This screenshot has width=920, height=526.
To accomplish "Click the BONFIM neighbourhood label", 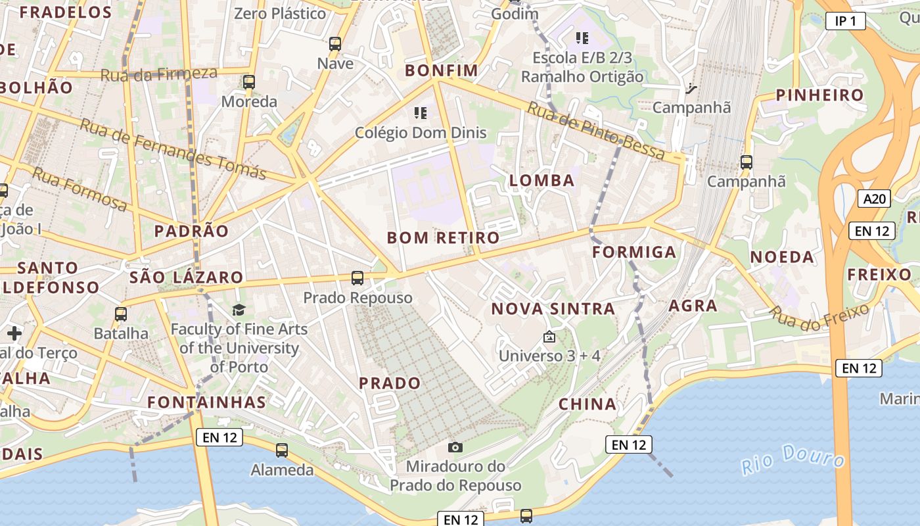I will pos(441,70).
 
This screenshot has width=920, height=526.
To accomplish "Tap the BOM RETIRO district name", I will pos(443,237).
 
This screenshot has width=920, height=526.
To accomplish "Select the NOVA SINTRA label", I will pos(553,308).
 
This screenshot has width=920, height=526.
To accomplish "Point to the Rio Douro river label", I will pos(793,458).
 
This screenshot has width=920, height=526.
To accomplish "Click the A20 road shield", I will pos(874,198).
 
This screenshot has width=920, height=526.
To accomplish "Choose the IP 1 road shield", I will pos(845,21).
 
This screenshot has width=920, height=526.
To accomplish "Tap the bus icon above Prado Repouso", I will pos(357,278).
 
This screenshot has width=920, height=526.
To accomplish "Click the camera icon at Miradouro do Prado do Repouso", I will pos(455,447).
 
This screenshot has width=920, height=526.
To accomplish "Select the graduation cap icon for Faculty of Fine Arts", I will pos(239,310).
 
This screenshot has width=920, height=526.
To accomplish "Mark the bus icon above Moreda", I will pos(248,82).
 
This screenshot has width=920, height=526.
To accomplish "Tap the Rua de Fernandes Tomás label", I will pos(173,149).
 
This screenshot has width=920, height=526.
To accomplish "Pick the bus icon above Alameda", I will pos(282,450).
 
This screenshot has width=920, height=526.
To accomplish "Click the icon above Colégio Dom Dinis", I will pos(421,113).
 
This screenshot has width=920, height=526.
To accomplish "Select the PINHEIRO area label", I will pos(819,95).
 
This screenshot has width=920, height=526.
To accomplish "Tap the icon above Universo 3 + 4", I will pos(549,337).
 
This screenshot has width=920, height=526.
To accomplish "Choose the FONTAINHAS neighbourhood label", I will pos(206,402).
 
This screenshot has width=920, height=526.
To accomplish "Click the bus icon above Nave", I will pos(335,44).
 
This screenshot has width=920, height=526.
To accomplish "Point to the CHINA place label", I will pos(587,404).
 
